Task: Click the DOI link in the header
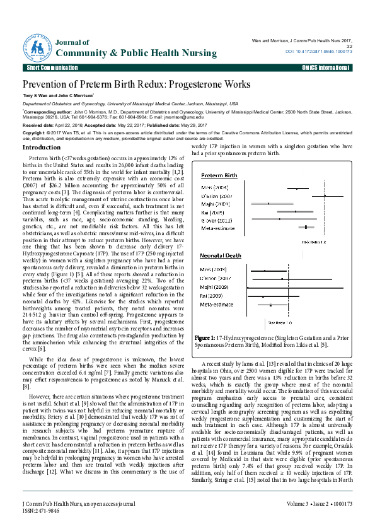coord(319,51)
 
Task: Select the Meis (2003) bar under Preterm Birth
coord(297,188)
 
